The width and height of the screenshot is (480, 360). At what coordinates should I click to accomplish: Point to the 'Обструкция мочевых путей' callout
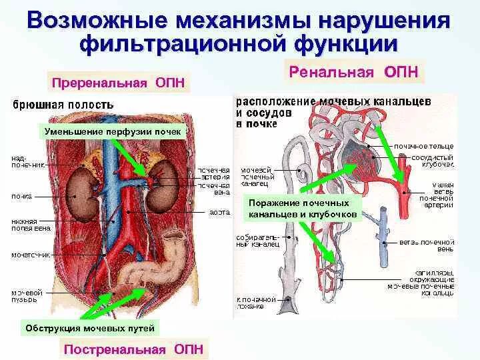click(x=90, y=328)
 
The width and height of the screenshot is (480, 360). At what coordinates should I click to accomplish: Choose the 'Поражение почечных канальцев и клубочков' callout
click(x=303, y=209)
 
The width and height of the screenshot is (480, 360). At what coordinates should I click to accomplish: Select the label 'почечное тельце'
click(x=424, y=145)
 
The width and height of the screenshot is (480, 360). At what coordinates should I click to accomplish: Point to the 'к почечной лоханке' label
click(x=253, y=303)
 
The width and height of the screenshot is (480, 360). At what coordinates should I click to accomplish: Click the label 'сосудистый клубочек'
click(x=429, y=161)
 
